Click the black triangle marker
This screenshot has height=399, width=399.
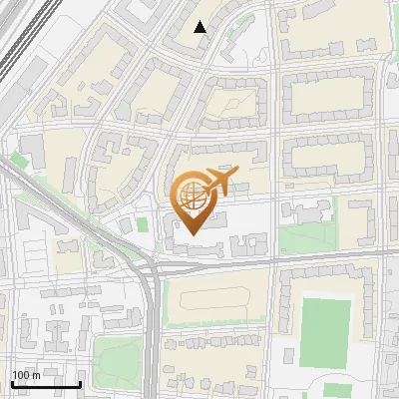tap(200, 27)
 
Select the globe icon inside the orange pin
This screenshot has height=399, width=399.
tap(193, 198)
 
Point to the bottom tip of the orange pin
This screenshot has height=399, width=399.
tap(193, 235)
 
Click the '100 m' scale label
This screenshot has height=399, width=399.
tap(26, 375)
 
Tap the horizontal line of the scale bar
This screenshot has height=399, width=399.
tap(46, 384)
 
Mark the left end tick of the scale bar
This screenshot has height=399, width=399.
tap(12, 382)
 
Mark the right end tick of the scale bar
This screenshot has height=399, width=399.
tap(80, 382)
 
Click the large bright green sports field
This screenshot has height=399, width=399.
tap(326, 328)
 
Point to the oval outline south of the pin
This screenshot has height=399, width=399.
tap(210, 298)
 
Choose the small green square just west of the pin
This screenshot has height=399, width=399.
tap(125, 225)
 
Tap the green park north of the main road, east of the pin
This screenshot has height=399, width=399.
tap(303, 237)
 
